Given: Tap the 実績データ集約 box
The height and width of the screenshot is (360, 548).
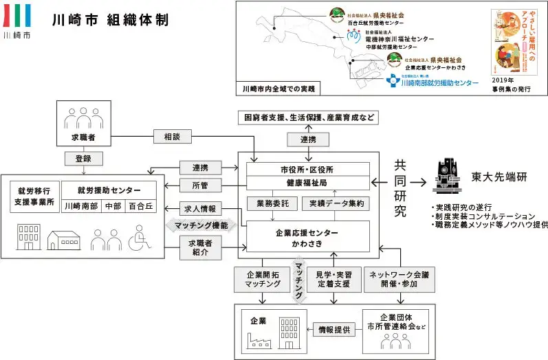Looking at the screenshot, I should coord(336,204).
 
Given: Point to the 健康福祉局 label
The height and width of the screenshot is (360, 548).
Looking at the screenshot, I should coord(304,183).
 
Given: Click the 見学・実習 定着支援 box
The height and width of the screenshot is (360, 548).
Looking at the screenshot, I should coord(333,278).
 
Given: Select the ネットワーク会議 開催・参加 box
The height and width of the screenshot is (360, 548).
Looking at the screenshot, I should coord(400,278).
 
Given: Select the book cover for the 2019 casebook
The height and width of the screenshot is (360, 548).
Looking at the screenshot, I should coord(513,41).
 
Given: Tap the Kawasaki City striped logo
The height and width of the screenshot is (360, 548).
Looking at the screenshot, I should coord(17,16).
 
